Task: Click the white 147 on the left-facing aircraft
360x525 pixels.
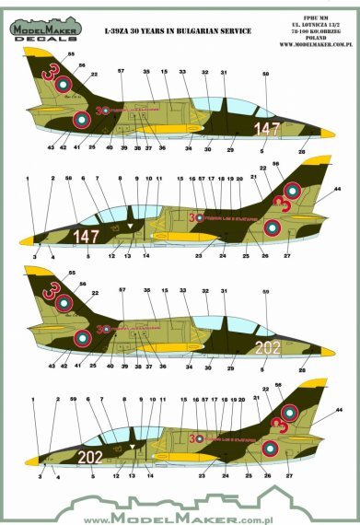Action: pos(86,237)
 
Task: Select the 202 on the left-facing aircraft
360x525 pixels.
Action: pos(90,456)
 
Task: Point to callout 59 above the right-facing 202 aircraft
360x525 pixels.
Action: pos(266,293)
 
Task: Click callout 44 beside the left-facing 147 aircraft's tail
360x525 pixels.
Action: pos(337,189)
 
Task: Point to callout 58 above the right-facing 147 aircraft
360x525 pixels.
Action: pos(266,73)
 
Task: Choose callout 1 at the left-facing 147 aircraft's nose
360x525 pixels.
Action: pos(29,179)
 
